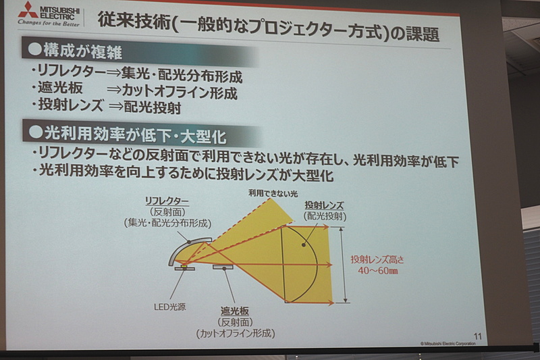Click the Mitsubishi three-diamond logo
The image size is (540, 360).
[28, 9]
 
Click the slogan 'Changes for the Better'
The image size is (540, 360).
[48, 24]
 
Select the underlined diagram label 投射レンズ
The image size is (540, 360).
[326, 205]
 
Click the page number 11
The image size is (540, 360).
[478, 336]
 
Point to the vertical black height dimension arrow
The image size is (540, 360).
[345, 264]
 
